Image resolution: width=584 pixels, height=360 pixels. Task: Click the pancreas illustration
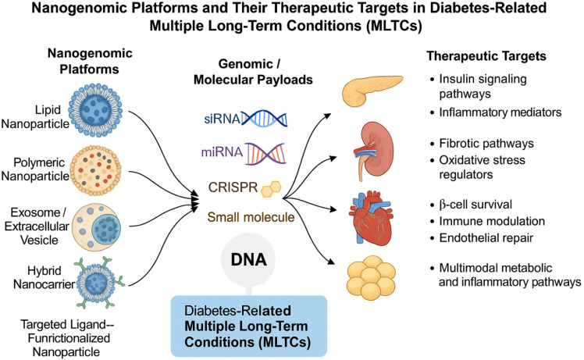371,90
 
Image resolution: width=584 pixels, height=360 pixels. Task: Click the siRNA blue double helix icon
265,119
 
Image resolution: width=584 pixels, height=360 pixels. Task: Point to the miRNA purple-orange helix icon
265,153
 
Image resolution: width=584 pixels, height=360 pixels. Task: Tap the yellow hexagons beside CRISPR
271,188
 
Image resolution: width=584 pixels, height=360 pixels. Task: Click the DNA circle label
248,259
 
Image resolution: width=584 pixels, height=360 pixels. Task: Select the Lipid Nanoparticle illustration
95,110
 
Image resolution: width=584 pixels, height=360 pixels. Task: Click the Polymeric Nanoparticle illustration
96,171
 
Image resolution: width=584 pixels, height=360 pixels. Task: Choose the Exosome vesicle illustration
97,227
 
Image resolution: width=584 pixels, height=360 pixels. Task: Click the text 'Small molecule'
251,217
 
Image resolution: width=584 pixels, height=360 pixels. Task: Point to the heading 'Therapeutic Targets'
486,56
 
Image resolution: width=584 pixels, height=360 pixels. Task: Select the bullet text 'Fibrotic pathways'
486,144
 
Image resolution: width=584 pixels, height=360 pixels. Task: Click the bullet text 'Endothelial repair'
486,237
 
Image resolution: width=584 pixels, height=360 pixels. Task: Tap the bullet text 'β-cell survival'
475,205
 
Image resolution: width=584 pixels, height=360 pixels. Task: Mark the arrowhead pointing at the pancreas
328,116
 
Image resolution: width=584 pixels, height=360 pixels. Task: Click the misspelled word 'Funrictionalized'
69,338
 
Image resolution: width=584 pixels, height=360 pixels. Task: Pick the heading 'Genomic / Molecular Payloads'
253,72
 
